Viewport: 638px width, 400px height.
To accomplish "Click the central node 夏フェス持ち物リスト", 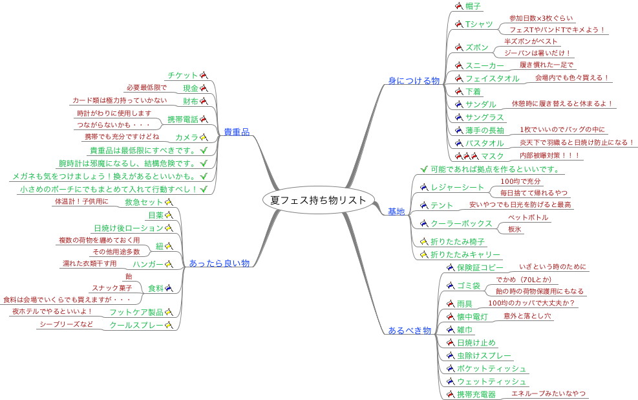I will (318, 199).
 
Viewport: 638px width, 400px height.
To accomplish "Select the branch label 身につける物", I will (414, 81).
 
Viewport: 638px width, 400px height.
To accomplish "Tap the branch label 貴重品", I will (236, 132).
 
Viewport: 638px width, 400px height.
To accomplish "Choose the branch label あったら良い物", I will (219, 263).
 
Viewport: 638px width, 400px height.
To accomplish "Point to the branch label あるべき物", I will (409, 330).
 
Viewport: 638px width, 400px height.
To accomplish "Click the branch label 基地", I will (396, 211).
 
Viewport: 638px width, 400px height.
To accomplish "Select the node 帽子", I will (473, 6).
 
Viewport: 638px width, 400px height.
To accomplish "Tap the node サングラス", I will (484, 117).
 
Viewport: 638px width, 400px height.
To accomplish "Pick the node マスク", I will (493, 156).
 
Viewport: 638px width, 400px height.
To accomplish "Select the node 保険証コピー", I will (480, 267).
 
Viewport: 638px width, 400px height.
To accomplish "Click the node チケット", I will (182, 75).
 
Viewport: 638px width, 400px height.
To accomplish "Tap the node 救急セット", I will (144, 203).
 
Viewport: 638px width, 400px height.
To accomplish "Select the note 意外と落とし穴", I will (527, 317).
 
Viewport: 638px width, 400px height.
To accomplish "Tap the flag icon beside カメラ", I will (203, 137).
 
